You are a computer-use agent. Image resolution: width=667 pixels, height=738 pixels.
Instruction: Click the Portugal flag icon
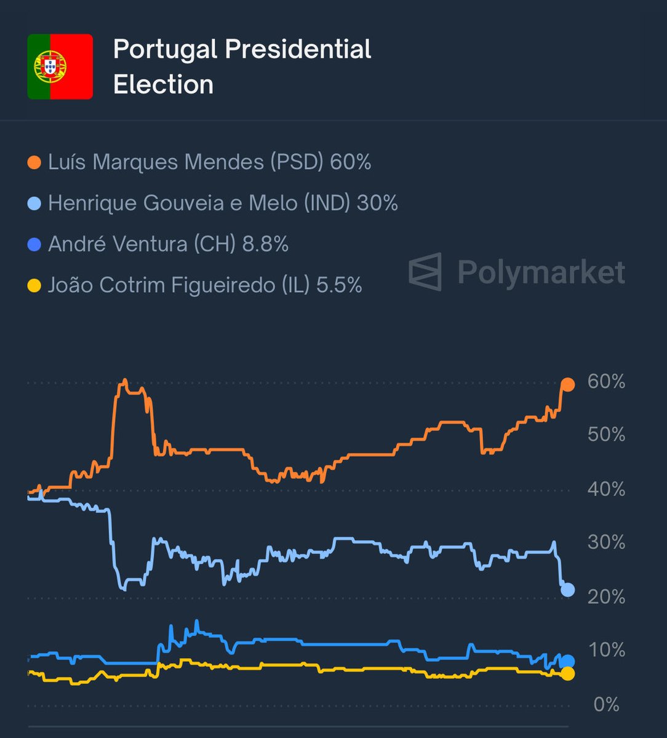60,66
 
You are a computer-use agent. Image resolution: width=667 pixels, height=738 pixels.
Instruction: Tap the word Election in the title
163,84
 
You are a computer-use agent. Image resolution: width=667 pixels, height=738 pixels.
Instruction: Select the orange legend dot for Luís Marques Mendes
35,162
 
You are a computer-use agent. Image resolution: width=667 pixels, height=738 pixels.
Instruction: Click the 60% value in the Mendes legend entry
350,162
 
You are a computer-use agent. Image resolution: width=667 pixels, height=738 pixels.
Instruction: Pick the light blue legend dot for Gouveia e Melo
35,204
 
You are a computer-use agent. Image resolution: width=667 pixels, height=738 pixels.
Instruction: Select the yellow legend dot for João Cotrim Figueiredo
35,285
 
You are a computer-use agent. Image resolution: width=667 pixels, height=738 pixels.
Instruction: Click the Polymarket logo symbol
425,271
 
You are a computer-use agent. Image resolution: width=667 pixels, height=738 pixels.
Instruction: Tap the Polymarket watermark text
541,272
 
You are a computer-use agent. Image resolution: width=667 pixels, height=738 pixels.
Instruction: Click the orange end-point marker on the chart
567,385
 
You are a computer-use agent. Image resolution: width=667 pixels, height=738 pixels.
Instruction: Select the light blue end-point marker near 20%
567,590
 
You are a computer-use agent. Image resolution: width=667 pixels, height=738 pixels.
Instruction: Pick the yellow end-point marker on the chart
567,674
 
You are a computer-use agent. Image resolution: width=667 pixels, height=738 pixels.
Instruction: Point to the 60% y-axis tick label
606,382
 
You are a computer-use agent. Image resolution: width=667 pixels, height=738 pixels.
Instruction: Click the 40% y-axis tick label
606,490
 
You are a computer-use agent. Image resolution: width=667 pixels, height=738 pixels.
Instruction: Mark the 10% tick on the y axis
606,650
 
